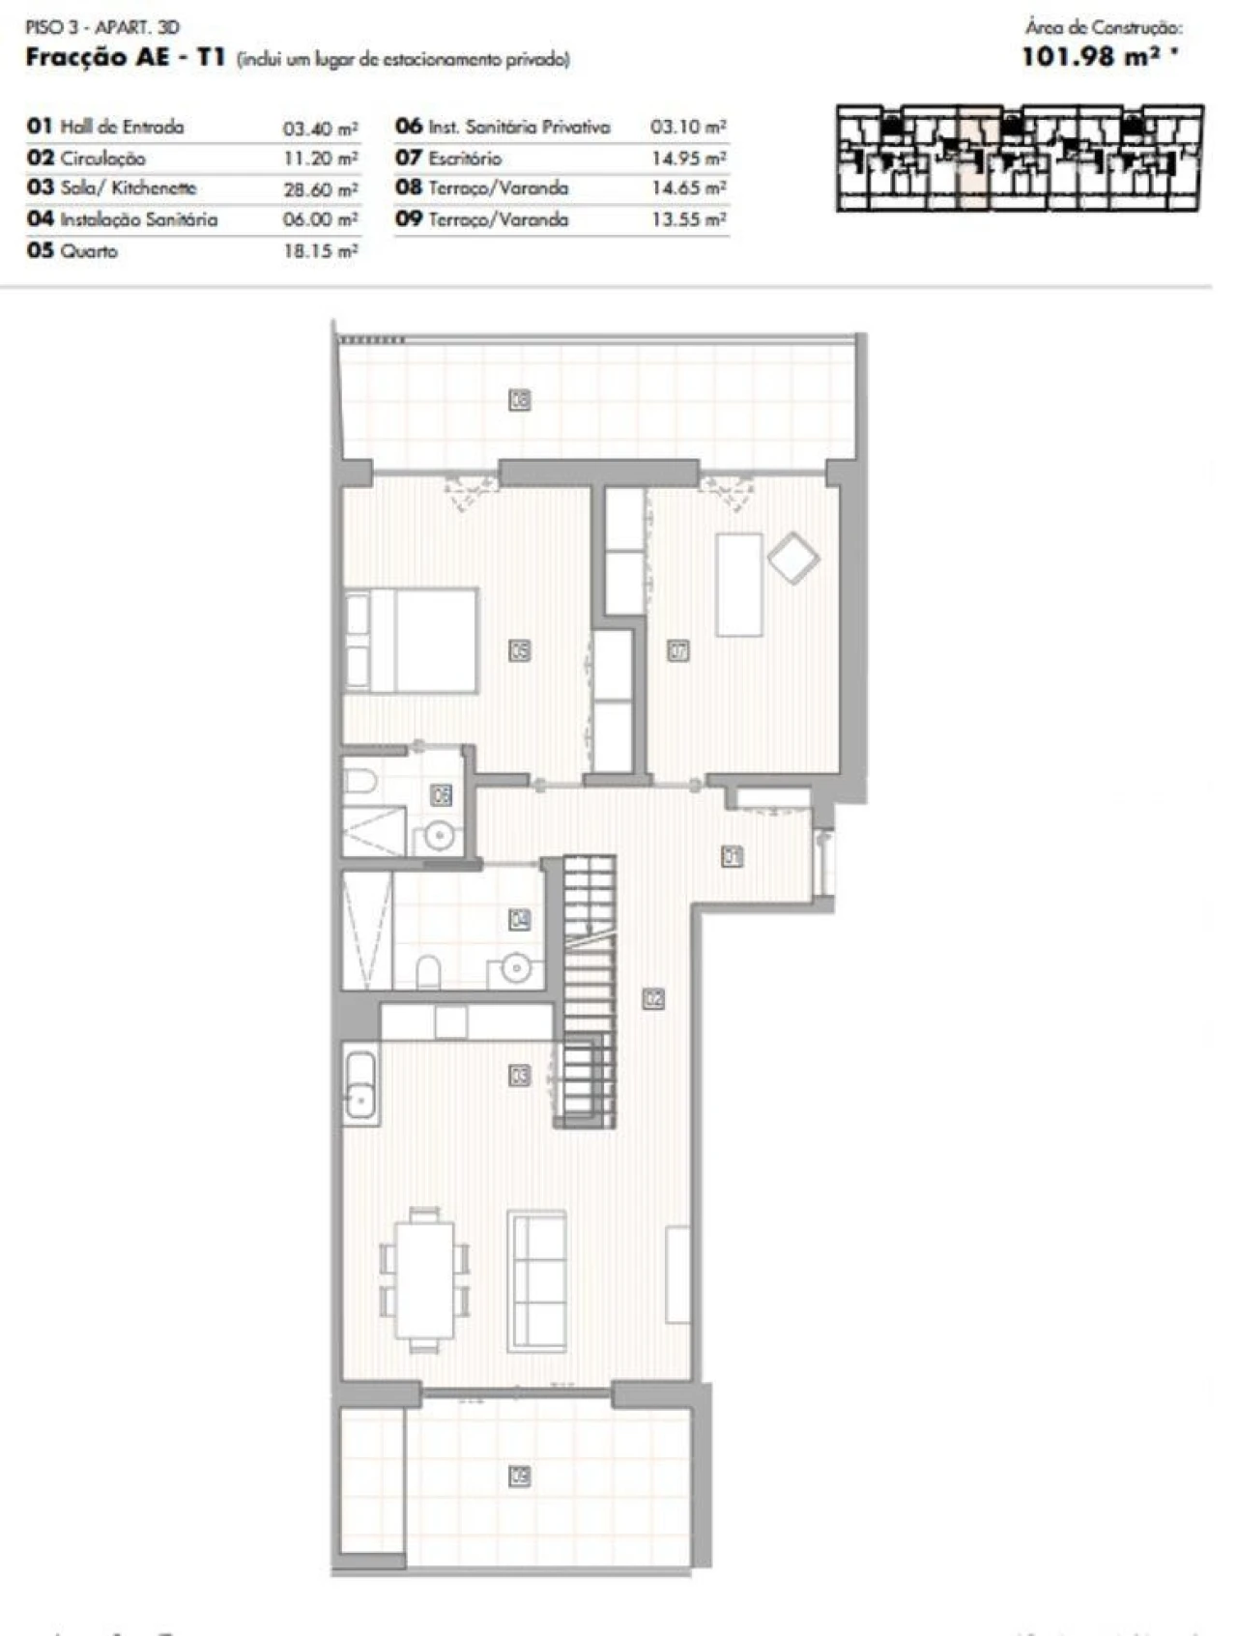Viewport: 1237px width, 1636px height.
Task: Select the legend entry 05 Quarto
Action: click(73, 251)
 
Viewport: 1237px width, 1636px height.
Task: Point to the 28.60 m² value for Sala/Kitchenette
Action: click(320, 189)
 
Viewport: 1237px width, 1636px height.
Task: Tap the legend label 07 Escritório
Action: click(449, 158)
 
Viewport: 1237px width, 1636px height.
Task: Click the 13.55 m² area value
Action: click(688, 220)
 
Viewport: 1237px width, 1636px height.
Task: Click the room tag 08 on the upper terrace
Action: click(520, 399)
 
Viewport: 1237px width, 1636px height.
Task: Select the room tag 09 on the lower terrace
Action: click(520, 1476)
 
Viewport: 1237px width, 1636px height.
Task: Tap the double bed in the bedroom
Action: click(413, 640)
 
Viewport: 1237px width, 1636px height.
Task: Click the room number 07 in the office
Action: click(678, 651)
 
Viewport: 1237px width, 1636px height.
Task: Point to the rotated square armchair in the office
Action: click(793, 559)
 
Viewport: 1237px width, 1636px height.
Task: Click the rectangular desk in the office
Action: click(739, 585)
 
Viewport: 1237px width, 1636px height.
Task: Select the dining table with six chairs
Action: click(425, 1278)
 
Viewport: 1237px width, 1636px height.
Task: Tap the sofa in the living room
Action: click(537, 1281)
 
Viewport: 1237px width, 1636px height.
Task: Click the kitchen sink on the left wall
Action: click(360, 1088)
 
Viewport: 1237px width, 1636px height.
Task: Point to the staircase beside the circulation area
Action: click(588, 990)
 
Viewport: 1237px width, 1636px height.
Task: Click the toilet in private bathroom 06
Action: click(360, 779)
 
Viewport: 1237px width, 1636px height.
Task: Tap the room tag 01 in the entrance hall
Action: click(732, 856)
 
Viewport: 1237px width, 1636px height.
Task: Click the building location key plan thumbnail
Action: click(1020, 158)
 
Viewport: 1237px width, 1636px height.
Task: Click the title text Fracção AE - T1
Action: click(126, 58)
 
